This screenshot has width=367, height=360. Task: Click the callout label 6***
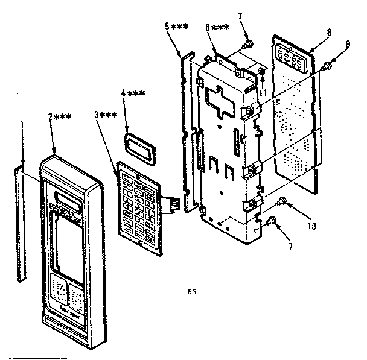point(216,28)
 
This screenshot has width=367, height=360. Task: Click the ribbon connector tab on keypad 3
point(173,204)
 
